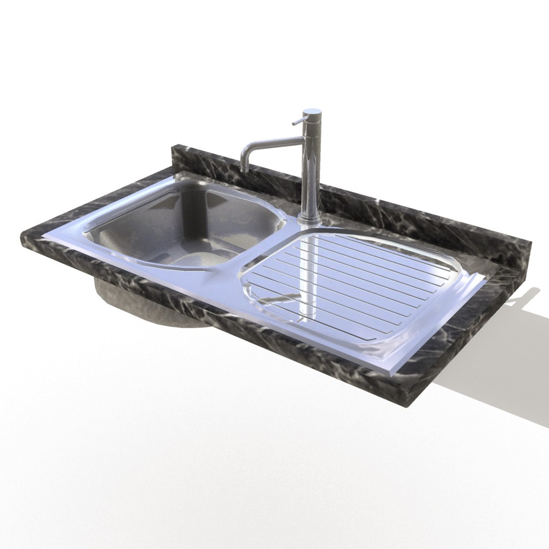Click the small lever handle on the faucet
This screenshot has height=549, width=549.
[x=297, y=121]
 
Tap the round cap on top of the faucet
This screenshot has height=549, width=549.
[x=312, y=110]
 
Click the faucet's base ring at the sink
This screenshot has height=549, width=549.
[x=309, y=220]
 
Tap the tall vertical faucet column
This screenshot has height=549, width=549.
[x=310, y=168]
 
